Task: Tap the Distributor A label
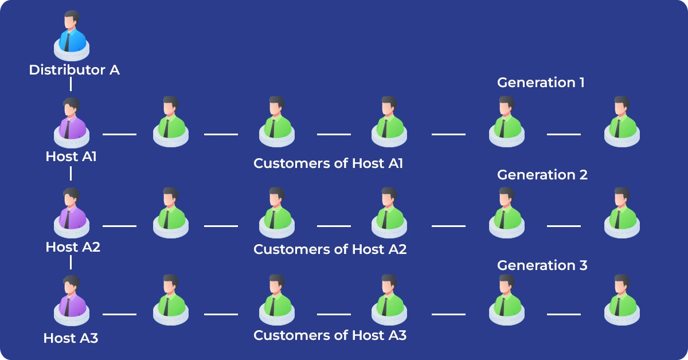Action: pos(75,70)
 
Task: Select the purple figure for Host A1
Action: pos(71,122)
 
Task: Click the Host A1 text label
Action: pos(71,156)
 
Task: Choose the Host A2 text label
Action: pos(73,247)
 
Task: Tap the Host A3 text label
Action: pos(71,338)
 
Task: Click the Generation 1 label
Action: pos(541,83)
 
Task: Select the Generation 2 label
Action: pos(542,175)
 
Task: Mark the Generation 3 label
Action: pos(542,265)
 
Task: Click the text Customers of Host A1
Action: pos(328,163)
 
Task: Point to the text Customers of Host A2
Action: pos(330,249)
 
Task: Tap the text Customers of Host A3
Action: pos(330,335)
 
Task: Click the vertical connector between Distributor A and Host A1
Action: pos(71,84)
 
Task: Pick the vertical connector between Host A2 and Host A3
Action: pos(71,263)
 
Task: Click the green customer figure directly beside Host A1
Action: pos(170,122)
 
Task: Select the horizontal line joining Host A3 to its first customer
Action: pos(119,314)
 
